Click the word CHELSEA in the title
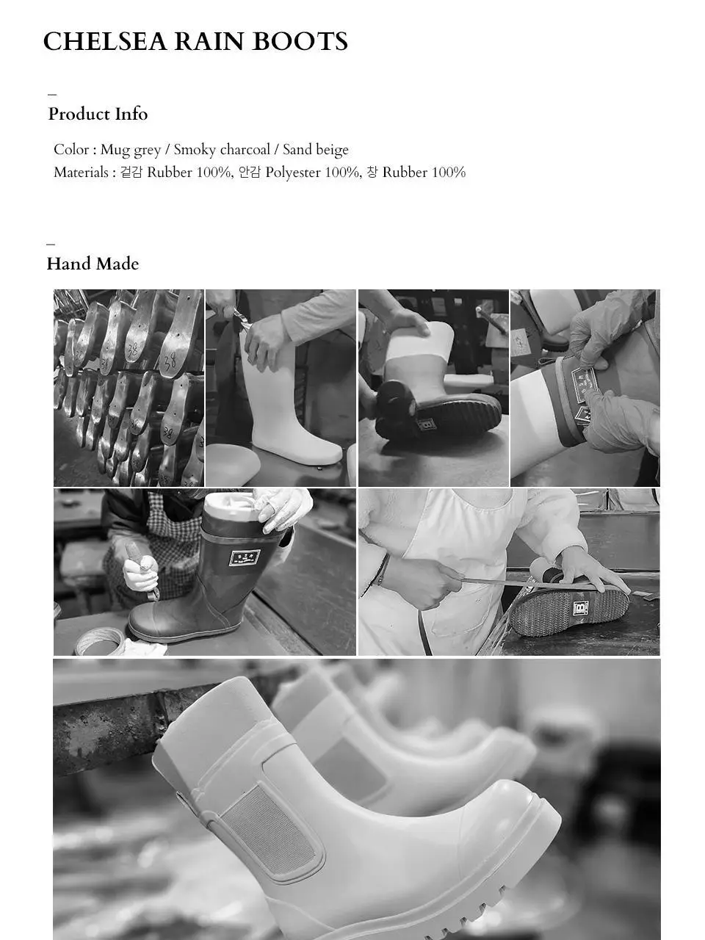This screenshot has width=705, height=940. click(x=105, y=42)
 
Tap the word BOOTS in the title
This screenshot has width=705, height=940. click(x=300, y=42)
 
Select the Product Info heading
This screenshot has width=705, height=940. click(x=98, y=114)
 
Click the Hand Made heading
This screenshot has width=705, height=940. click(x=93, y=264)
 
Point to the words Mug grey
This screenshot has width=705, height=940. click(x=131, y=150)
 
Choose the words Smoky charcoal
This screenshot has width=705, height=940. click(x=222, y=150)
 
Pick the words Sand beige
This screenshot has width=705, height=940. click(x=316, y=150)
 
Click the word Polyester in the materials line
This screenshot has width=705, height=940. click(x=293, y=173)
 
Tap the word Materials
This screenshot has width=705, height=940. click(x=81, y=173)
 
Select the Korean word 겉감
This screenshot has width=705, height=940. click(x=131, y=173)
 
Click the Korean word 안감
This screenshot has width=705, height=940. click(x=249, y=173)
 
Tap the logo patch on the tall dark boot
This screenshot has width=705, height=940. click(x=245, y=557)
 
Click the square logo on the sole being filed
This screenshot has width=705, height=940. click(x=580, y=607)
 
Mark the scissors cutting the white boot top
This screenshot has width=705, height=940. click(x=241, y=317)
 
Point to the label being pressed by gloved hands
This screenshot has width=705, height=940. click(x=585, y=380)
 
